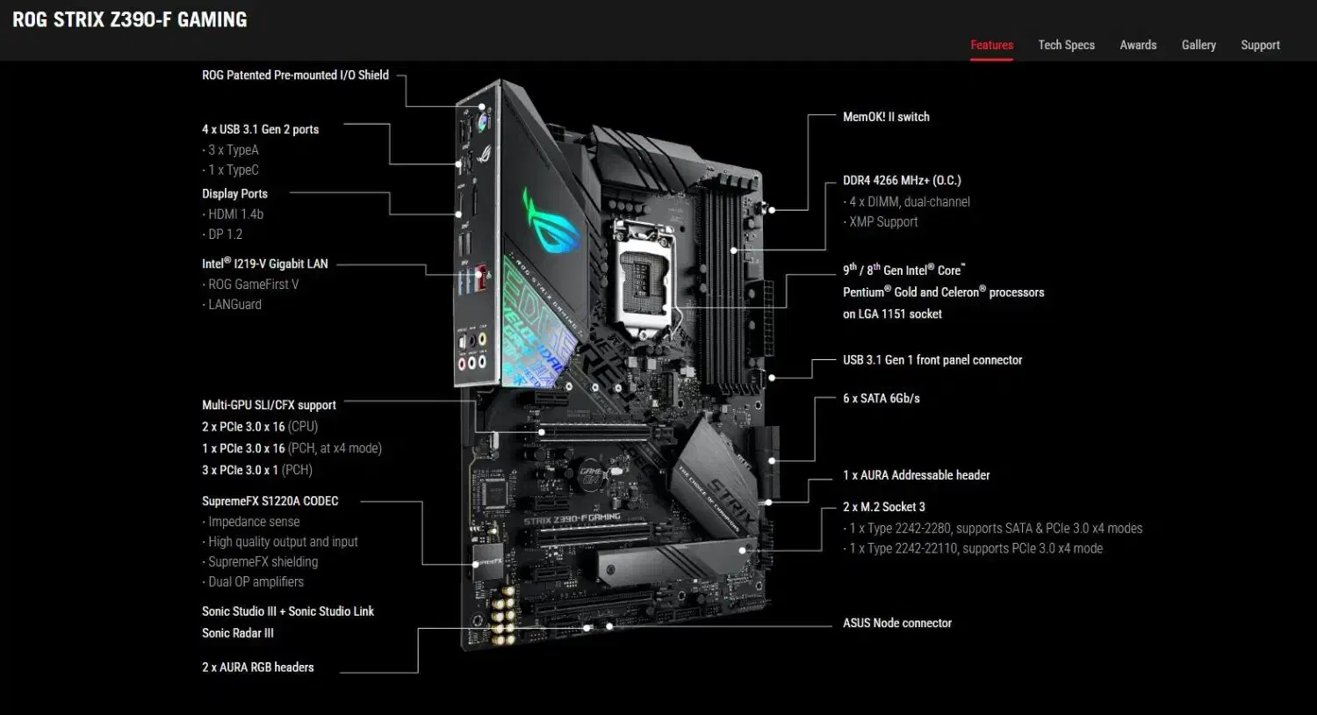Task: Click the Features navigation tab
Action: point(992,46)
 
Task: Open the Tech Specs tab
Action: point(1067,46)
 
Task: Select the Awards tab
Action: point(1138,46)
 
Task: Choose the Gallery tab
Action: point(1198,46)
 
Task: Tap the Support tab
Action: point(1261,46)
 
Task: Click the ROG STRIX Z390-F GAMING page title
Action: point(130,20)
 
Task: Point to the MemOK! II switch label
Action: point(886,117)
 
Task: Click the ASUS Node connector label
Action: point(897,624)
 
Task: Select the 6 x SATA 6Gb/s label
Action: point(882,399)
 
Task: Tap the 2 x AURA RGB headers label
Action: point(258,668)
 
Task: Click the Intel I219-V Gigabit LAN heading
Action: point(265,264)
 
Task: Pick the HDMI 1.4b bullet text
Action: point(234,214)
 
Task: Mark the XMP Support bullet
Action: point(881,222)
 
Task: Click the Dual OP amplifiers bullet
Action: point(254,582)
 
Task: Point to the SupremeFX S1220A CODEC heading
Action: point(270,502)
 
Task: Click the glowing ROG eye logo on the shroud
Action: point(550,220)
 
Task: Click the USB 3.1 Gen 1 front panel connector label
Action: point(932,360)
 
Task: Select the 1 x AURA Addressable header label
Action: point(917,475)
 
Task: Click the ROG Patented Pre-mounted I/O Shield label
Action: point(295,76)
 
